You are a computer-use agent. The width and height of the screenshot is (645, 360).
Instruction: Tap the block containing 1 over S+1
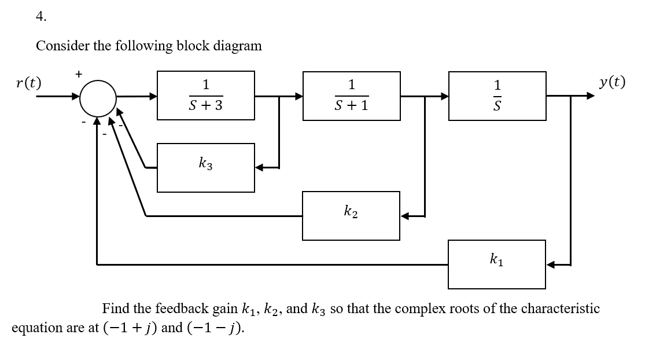coord(351,95)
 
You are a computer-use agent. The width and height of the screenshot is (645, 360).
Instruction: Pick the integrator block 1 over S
coord(497,95)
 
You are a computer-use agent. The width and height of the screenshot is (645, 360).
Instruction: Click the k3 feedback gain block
coord(205,168)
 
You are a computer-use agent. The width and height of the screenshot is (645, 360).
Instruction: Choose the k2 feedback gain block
coord(351,216)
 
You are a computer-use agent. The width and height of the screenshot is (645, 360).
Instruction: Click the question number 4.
coord(40,16)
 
